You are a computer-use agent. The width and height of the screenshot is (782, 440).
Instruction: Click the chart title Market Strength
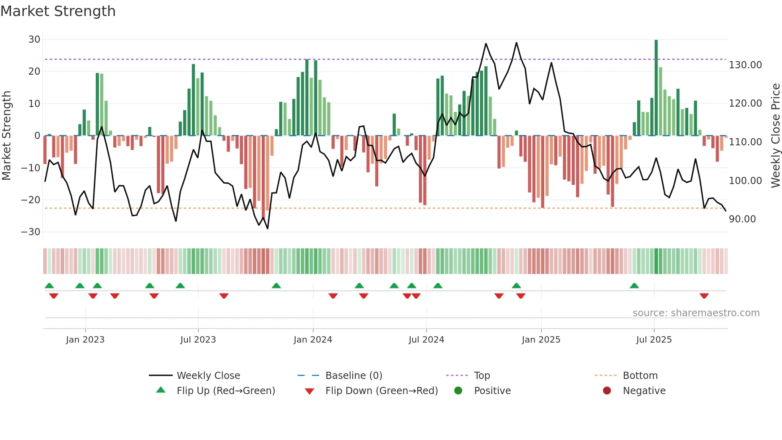coord(58,11)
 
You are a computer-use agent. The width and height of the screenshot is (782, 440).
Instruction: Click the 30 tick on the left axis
coord(34,40)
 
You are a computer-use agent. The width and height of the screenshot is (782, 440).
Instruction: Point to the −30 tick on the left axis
coord(31,232)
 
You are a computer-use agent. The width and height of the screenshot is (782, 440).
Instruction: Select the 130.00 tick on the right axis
coord(745,65)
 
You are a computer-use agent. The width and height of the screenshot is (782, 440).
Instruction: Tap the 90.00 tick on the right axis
coord(742,219)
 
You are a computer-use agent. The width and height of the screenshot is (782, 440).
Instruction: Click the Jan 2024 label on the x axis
coord(313,340)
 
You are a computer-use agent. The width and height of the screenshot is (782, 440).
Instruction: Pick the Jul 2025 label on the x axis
coord(654,340)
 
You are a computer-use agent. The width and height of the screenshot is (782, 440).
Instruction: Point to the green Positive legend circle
coord(458,391)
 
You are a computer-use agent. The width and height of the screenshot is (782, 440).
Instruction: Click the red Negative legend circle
coord(607,391)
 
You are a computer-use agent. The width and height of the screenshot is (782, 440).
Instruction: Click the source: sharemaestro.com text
coord(696,313)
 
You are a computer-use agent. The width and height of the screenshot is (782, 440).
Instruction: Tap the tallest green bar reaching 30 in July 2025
coord(656,88)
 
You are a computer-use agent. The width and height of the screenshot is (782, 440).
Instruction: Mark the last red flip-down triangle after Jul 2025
coord(704,296)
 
